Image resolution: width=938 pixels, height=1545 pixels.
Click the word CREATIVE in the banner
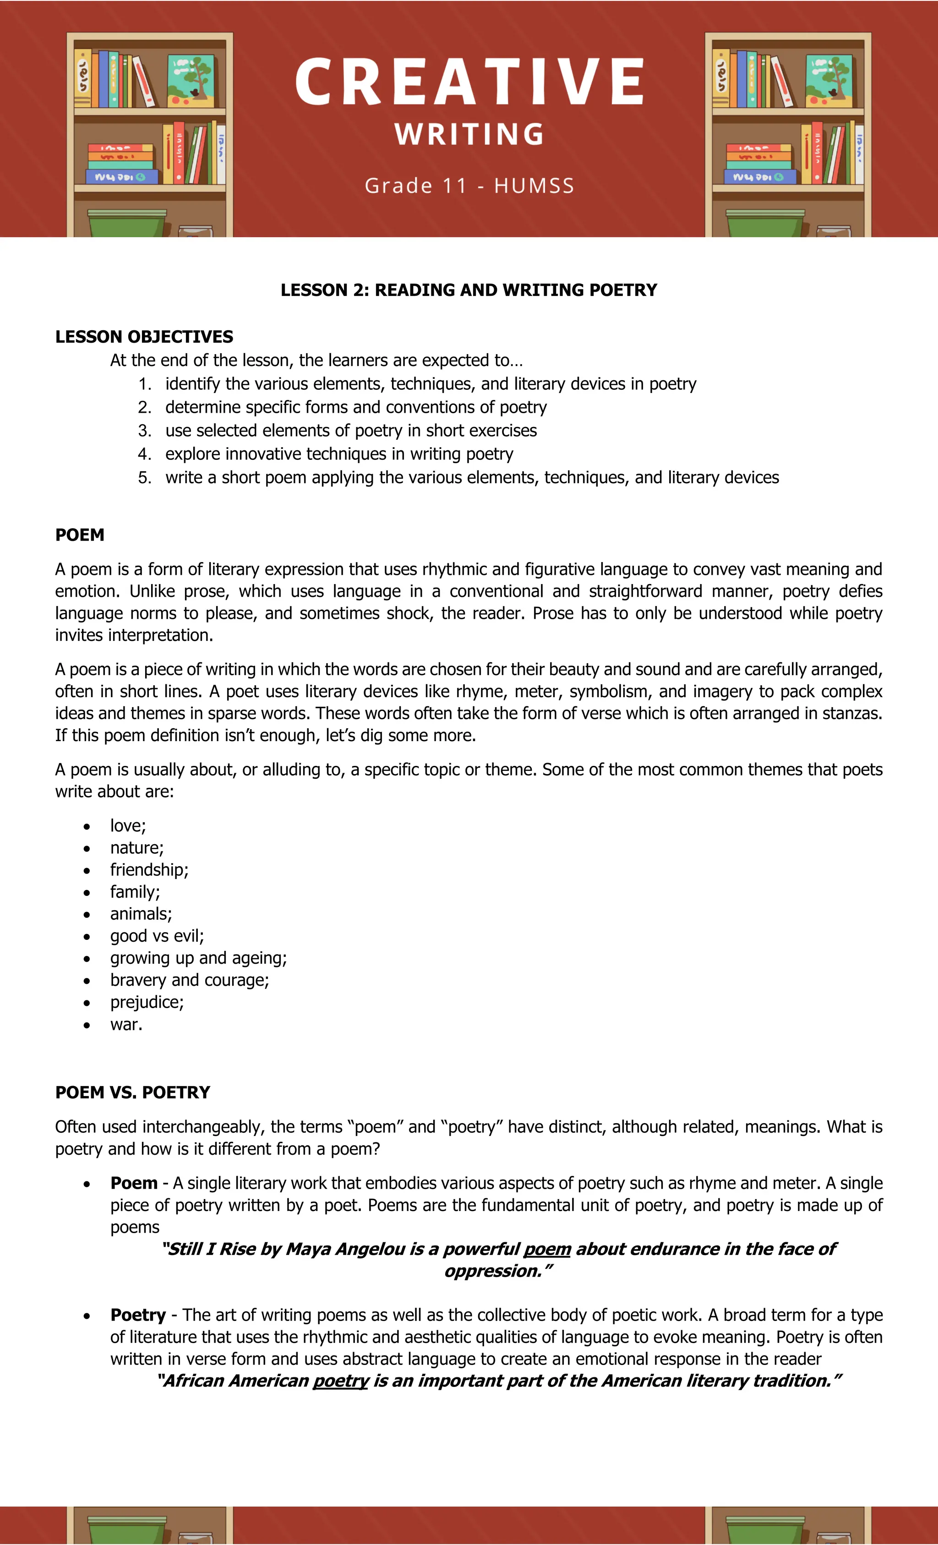click(469, 82)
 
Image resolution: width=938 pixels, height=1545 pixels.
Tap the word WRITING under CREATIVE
click(469, 134)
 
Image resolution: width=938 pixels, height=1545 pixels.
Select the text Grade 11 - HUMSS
click(469, 186)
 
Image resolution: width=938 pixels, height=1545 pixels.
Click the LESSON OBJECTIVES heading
click(144, 337)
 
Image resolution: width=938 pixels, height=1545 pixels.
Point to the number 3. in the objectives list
click(145, 431)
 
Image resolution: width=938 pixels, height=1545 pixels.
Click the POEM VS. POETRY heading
click(132, 1092)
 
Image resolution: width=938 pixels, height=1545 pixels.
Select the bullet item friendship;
click(149, 870)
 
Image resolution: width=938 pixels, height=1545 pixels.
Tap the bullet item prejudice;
click(147, 1002)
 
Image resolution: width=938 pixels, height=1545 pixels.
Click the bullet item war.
click(126, 1025)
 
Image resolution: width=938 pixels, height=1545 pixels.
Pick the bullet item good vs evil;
click(157, 936)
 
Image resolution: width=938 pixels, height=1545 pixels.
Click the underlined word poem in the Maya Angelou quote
click(547, 1249)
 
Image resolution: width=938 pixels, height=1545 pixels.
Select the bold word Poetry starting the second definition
click(138, 1315)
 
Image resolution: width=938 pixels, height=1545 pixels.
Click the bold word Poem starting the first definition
click(134, 1183)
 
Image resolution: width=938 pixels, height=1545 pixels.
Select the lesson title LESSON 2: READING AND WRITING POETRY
click(469, 289)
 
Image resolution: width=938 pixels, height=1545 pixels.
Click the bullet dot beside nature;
click(87, 848)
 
